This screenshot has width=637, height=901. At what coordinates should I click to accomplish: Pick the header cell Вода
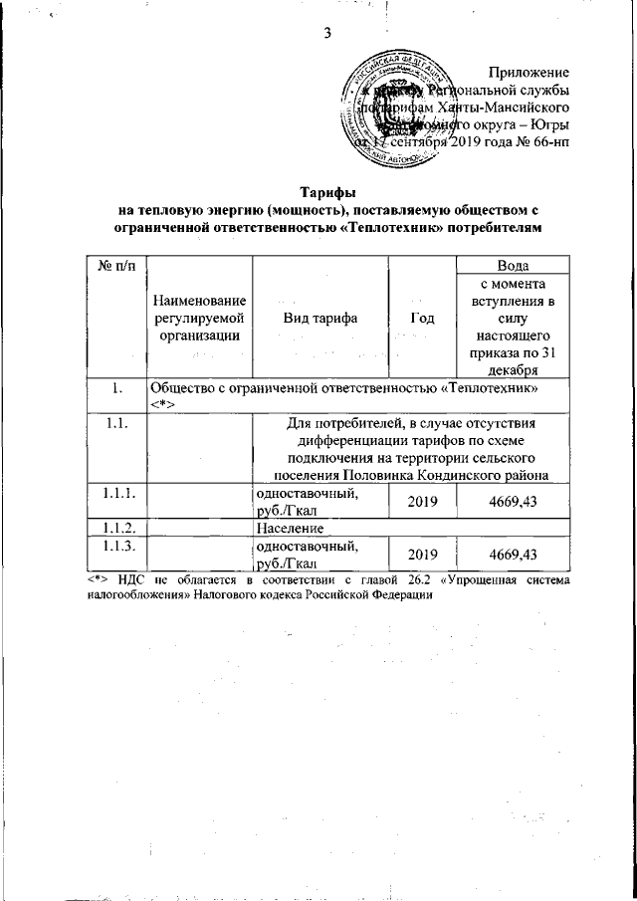[x=512, y=265]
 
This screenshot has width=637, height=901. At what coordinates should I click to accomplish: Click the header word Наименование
[x=199, y=300]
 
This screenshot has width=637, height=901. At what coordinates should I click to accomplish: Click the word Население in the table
[x=289, y=527]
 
